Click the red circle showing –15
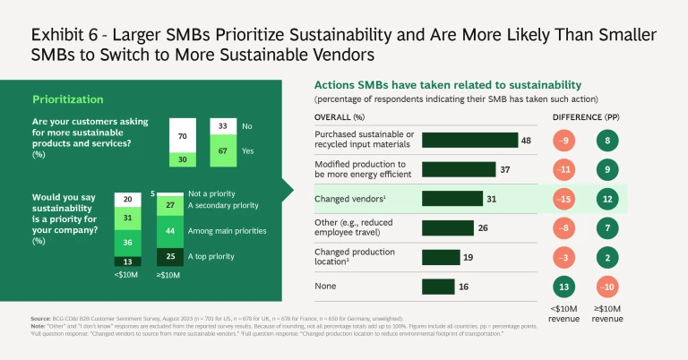563,198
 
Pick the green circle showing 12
608,198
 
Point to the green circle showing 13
563,287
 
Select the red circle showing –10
608,287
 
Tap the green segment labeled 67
222,150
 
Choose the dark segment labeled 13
126,261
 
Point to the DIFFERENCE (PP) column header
586,116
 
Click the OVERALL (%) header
339,116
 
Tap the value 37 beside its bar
504,168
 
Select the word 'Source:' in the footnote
40,318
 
